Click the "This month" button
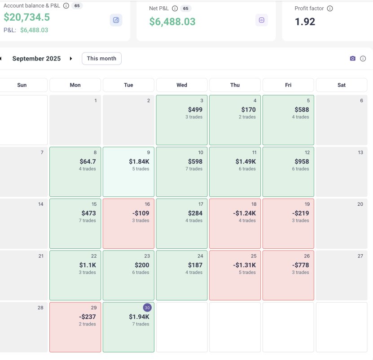(101, 59)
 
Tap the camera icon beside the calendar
(352, 59)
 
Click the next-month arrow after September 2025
(71, 59)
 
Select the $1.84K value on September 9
(139, 161)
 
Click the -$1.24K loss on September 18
(246, 213)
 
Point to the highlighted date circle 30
(147, 308)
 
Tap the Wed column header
(182, 85)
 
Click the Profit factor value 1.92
(305, 22)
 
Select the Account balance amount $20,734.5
(27, 17)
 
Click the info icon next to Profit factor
(330, 9)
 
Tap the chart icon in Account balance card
(116, 20)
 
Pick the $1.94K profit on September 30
(139, 317)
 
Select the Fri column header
(288, 85)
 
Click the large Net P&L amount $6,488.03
(172, 22)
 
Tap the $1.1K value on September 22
(88, 265)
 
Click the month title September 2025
(36, 59)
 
